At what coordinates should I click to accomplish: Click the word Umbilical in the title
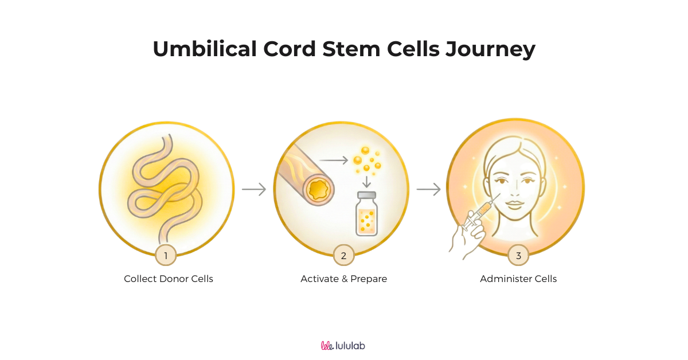(204, 49)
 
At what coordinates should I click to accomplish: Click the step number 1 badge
(166, 256)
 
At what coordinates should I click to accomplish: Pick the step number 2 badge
(343, 256)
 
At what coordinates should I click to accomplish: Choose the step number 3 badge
(518, 256)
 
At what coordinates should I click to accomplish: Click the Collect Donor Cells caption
(169, 279)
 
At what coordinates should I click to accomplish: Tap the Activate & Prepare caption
(344, 279)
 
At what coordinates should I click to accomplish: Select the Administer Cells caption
(518, 279)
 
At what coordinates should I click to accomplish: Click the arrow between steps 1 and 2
(254, 189)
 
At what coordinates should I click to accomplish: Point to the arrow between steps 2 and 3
(428, 189)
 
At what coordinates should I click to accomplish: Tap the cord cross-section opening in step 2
(317, 189)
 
